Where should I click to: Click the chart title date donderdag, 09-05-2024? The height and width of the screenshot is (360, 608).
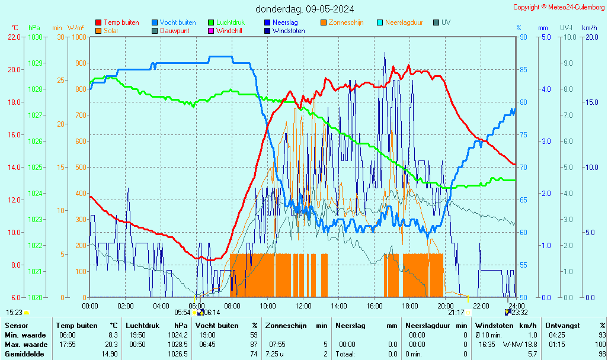click(x=305, y=9)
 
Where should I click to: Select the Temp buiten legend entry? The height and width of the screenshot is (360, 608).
click(x=121, y=22)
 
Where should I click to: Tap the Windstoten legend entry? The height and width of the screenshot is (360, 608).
click(x=289, y=31)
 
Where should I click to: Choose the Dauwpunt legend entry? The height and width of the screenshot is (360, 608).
click(x=174, y=31)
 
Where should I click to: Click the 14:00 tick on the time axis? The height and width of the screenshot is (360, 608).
click(x=339, y=306)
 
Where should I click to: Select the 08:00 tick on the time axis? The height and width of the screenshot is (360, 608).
click(x=232, y=306)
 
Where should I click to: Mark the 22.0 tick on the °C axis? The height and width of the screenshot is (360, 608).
click(x=15, y=37)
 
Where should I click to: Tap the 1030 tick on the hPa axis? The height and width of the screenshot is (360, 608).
click(x=36, y=37)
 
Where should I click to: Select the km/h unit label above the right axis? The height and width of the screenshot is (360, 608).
click(x=589, y=28)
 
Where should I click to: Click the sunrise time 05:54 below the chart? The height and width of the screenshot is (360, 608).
click(x=183, y=312)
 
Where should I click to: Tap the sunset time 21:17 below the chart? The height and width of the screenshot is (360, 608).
click(x=456, y=312)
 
